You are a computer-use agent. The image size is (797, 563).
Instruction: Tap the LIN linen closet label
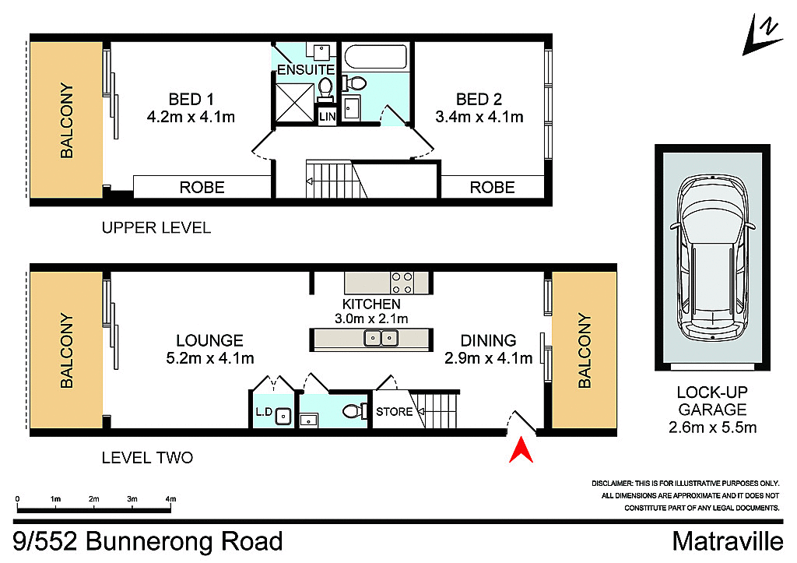tap(326, 116)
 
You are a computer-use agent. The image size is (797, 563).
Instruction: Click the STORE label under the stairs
tap(395, 411)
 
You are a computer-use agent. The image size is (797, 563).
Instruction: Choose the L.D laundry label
tap(262, 411)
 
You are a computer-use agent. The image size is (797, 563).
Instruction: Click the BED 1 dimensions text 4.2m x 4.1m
tap(191, 117)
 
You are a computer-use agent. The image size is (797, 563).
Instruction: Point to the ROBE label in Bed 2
tap(492, 187)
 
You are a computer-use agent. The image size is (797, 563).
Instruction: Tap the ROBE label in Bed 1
tap(202, 187)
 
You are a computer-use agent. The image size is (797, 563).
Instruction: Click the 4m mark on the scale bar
tap(170, 498)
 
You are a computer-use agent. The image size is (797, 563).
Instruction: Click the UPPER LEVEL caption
tap(156, 228)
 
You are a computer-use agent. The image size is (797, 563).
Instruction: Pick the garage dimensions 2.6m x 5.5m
tap(712, 427)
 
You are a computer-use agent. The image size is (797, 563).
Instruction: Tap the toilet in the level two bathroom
tap(354, 411)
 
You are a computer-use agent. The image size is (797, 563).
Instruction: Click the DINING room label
tap(488, 340)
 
